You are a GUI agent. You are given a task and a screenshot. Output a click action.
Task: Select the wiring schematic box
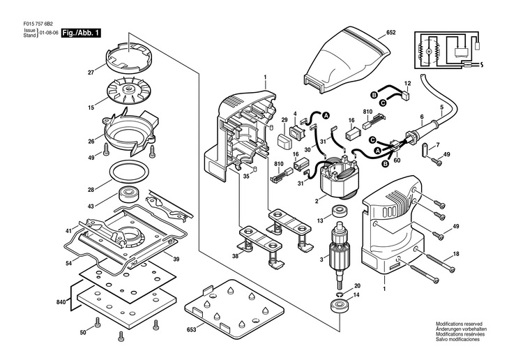coord(448,51)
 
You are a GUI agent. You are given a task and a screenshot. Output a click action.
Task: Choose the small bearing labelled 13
coord(342,211)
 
